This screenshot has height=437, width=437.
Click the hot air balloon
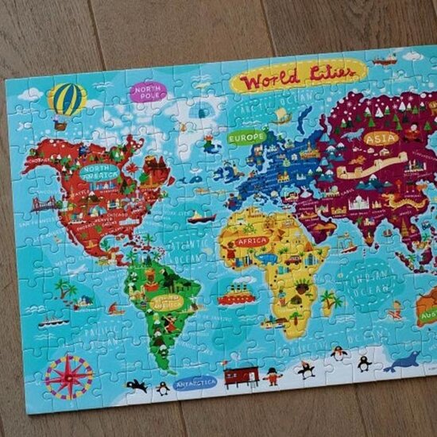[66, 101]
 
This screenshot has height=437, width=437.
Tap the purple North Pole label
[148, 92]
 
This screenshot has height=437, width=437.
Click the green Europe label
[246, 137]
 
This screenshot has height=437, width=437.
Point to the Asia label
[381, 138]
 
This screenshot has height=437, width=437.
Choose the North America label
[99, 172]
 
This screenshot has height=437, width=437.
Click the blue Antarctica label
[195, 382]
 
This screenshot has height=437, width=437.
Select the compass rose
[68, 376]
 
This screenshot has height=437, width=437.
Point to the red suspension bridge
[45, 204]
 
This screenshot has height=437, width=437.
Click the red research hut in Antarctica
[241, 374]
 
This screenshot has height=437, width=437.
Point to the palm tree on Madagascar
[328, 299]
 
